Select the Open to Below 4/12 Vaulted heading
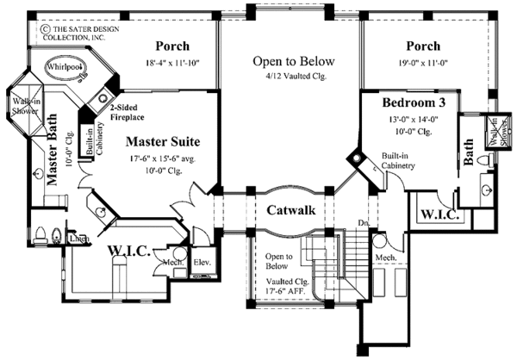tap(292, 62)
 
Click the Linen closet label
tap(79, 238)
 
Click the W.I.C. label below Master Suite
tap(129, 251)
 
